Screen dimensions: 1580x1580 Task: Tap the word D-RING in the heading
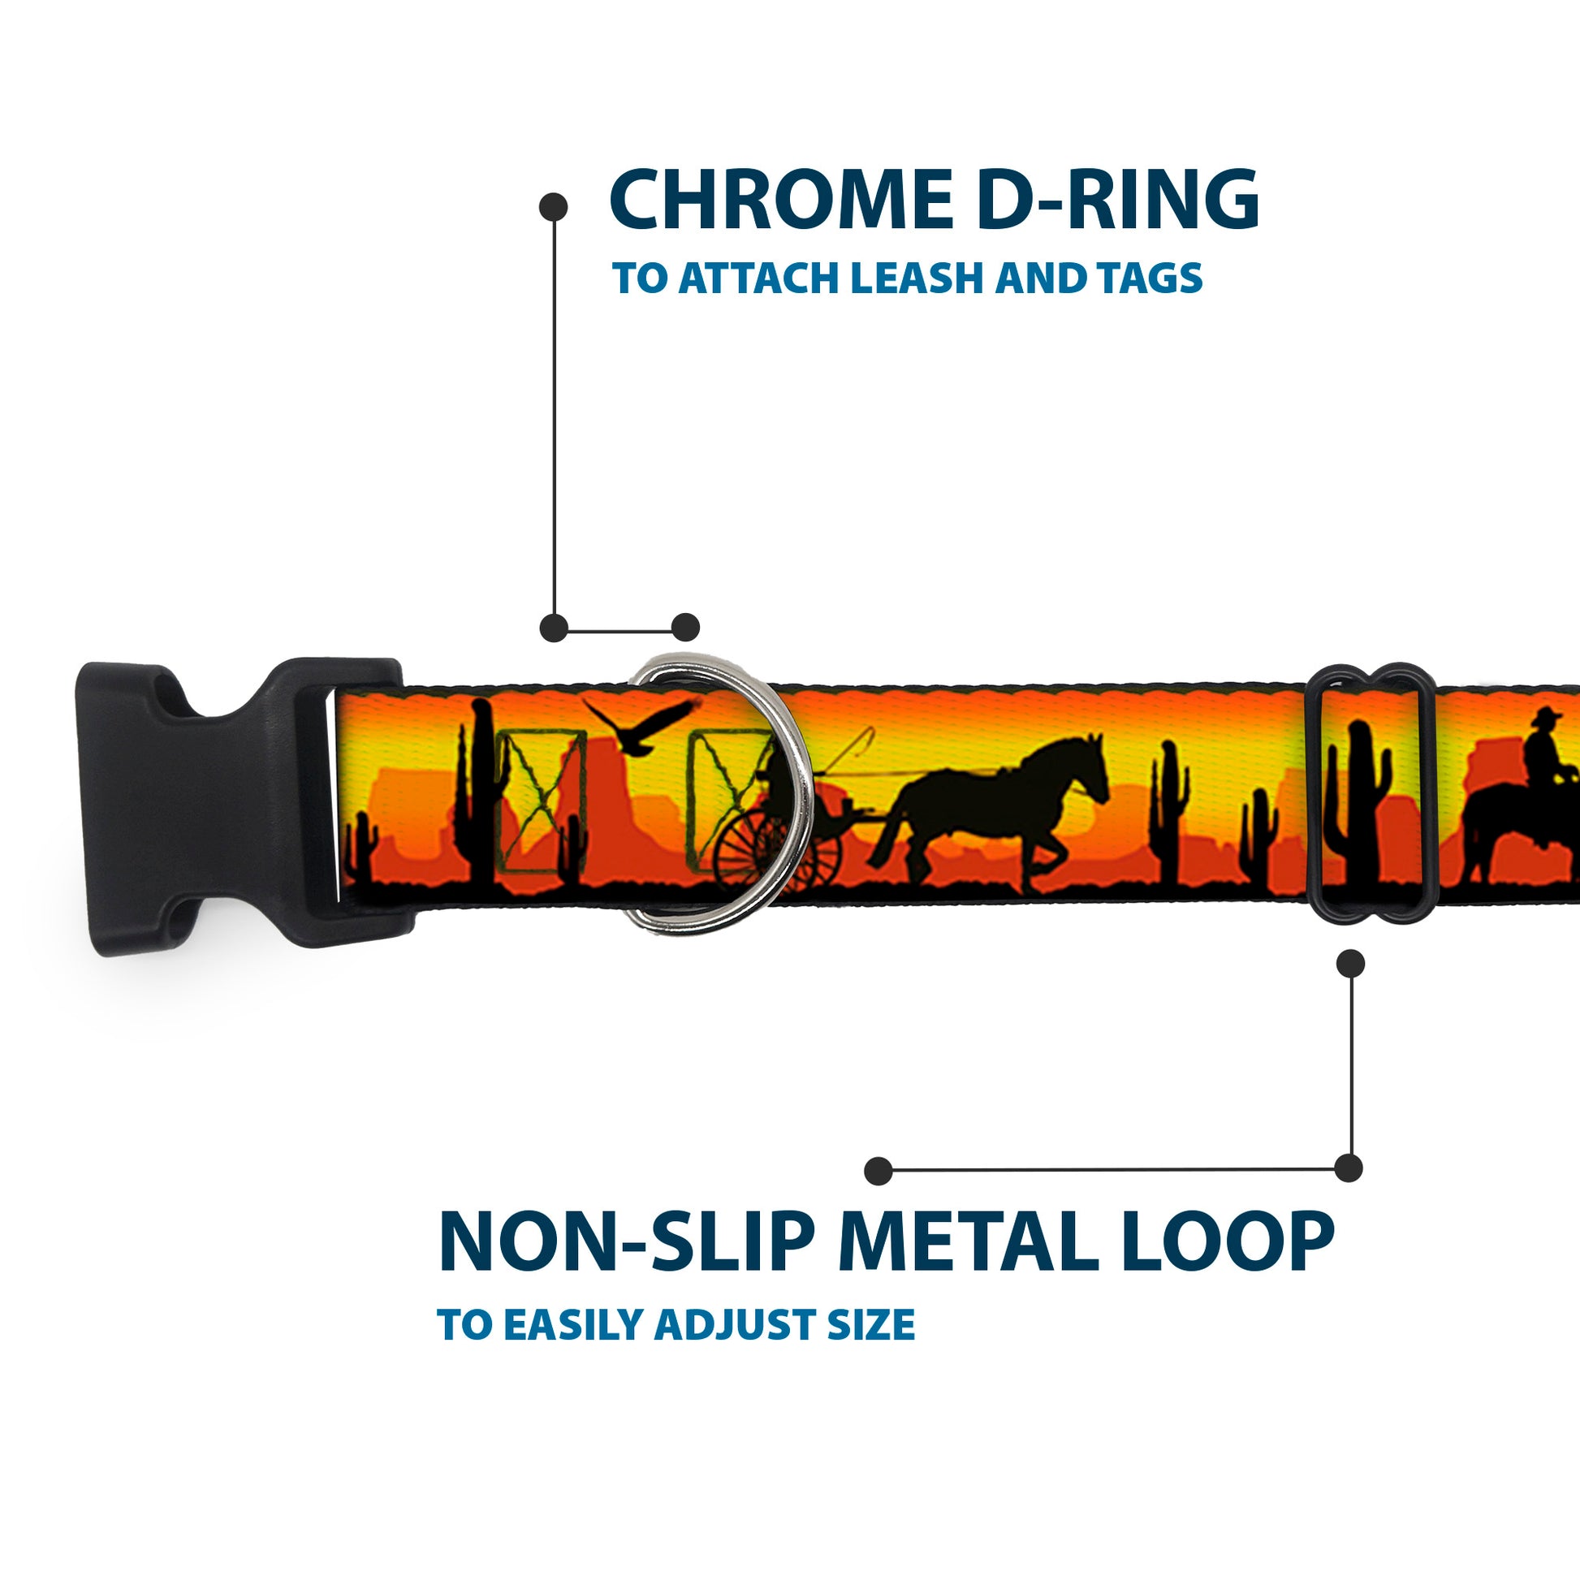click(1117, 200)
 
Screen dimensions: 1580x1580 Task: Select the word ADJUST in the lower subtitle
click(736, 1324)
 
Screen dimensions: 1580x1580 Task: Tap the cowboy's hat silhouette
click(1546, 717)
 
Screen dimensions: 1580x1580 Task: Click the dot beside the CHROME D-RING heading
click(554, 207)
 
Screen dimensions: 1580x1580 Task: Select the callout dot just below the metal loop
click(1350, 964)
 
